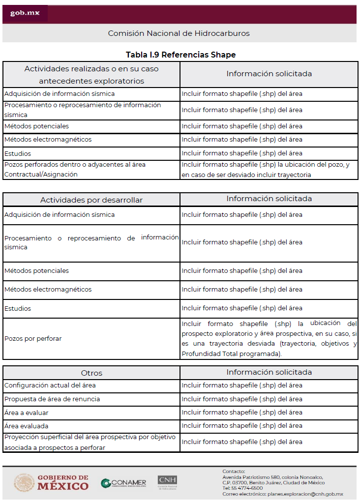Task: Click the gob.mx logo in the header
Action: pos(25,13)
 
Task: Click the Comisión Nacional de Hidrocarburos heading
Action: pos(179,33)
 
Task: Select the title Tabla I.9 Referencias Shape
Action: pos(180,55)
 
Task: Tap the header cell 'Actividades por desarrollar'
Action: pos(91,200)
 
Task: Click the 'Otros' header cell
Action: pos(91,373)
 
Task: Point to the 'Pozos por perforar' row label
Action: pos(33,339)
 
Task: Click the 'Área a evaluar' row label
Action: pos(27,413)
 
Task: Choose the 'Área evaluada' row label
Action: pos(27,426)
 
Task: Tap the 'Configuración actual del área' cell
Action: pos(50,385)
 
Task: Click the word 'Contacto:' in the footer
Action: pos(234,471)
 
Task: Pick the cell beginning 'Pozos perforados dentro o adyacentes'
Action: pos(75,169)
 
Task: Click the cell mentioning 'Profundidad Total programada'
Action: pos(269,339)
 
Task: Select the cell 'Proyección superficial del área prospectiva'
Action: pos(91,442)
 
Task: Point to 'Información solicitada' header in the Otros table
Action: pos(269,372)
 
